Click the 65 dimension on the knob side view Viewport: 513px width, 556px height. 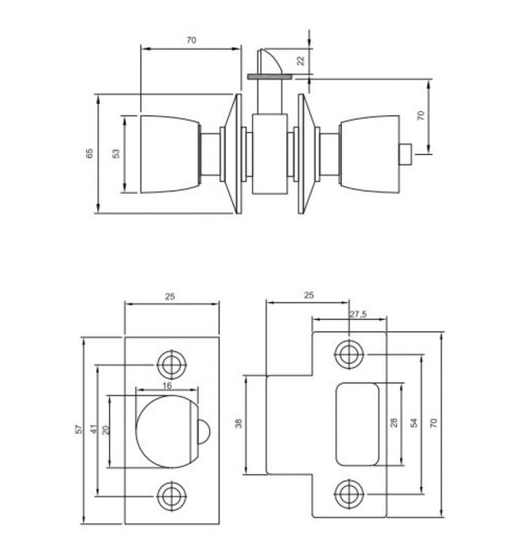pyautogui.click(x=89, y=153)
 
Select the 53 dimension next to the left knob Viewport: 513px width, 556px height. pyautogui.click(x=116, y=153)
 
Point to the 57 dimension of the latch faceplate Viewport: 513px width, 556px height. pyautogui.click(x=79, y=430)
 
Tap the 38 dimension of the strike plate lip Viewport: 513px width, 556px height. pyautogui.click(x=239, y=424)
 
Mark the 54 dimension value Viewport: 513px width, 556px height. pyautogui.click(x=413, y=423)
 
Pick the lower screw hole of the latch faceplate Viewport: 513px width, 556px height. pyautogui.click(x=169, y=496)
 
